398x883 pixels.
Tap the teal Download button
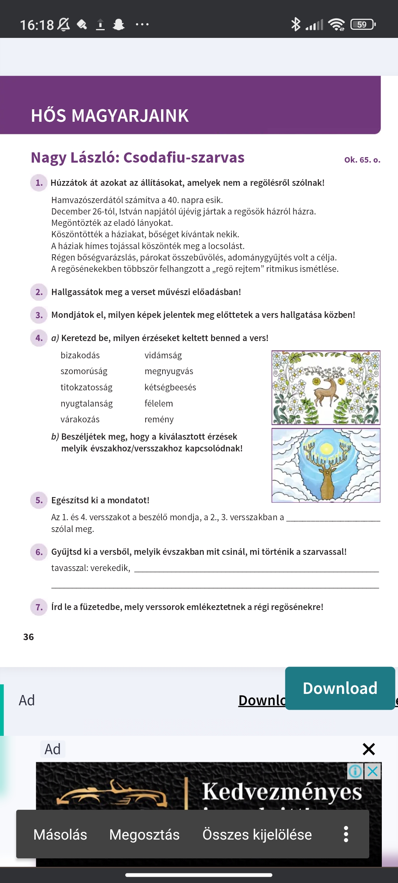point(340,688)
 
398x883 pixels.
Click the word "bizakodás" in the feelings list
point(80,355)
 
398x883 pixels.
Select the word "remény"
point(159,419)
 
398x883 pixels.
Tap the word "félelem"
point(158,404)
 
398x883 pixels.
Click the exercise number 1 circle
point(39,183)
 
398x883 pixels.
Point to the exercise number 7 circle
point(39,607)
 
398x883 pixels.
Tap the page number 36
point(28,637)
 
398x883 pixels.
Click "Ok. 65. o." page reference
point(362,160)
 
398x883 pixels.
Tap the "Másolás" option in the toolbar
point(60,835)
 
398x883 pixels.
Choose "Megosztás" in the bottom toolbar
point(144,835)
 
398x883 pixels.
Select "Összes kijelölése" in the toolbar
point(257,835)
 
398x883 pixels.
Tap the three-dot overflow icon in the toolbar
point(346,834)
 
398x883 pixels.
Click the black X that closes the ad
point(369,749)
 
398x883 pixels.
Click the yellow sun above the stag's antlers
point(327,448)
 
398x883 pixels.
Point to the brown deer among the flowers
point(326,390)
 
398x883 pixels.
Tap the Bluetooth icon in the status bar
point(296,25)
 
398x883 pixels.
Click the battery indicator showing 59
point(363,25)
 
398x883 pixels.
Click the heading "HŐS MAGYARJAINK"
point(110,116)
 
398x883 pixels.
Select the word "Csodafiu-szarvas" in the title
point(184,157)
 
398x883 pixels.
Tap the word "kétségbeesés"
point(170,387)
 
